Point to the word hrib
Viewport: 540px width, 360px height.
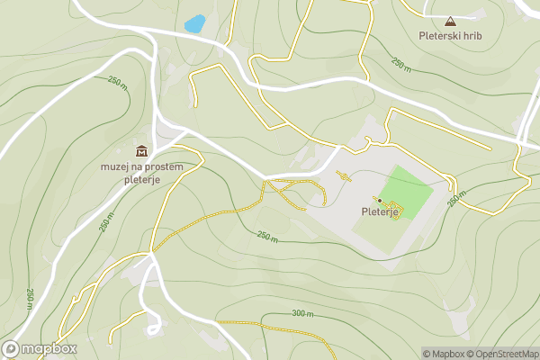[472, 36]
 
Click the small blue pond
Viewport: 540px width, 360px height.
[193, 24]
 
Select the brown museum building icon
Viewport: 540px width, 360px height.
[141, 150]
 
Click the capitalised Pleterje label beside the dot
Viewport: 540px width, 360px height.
[380, 212]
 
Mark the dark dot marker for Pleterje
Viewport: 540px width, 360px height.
[380, 200]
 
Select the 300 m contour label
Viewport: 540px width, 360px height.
[302, 313]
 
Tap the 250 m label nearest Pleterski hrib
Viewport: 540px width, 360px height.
[400, 64]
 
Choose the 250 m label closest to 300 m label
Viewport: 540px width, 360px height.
[267, 237]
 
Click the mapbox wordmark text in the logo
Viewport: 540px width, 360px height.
[49, 349]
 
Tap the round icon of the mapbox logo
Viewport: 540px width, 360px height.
[11, 349]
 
